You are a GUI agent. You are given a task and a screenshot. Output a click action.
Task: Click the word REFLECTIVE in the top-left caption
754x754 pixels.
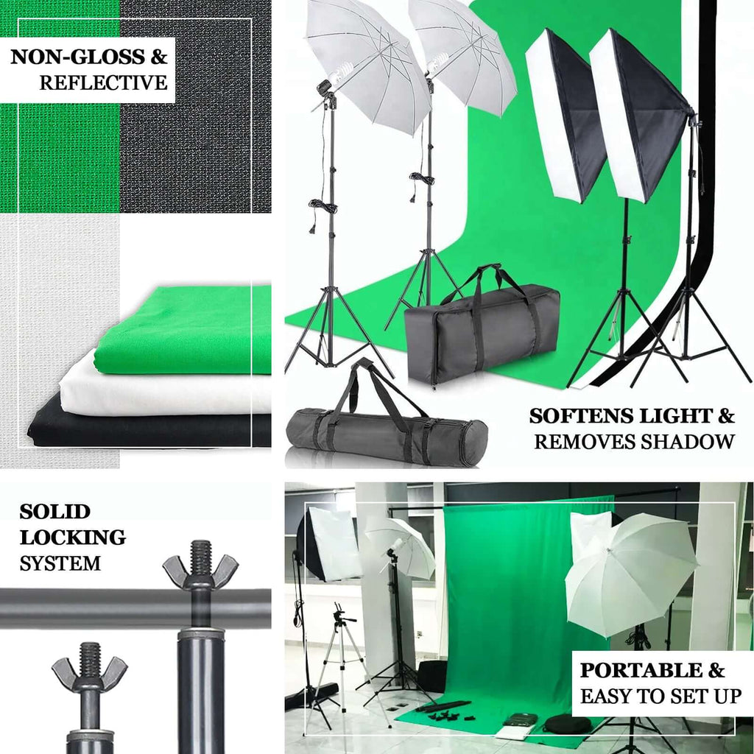[103, 82]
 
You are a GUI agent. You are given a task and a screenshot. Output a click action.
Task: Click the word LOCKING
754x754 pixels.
[72, 538]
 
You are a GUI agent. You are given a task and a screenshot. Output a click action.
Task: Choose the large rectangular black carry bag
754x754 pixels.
[482, 331]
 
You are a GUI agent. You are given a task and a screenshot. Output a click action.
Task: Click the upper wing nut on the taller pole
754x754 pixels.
[200, 568]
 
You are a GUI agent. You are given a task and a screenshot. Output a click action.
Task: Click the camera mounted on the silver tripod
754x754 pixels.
[339, 614]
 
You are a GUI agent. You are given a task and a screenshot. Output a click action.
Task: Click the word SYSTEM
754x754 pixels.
[60, 564]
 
